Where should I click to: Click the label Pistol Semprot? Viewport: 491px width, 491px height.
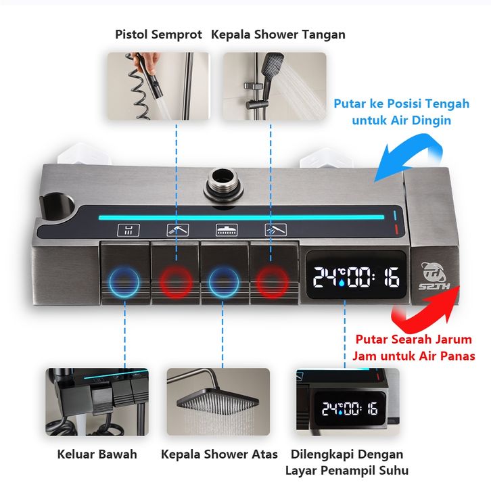pyautogui.click(x=158, y=34)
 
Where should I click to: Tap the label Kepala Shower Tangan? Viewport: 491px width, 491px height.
pyautogui.click(x=278, y=34)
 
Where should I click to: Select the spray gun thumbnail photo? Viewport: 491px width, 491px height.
pyautogui.click(x=158, y=86)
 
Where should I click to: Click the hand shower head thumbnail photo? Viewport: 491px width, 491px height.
pyautogui.click(x=275, y=86)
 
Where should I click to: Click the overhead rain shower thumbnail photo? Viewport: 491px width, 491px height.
pyautogui.click(x=218, y=402)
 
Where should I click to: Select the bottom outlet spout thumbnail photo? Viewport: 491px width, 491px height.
pyautogui.click(x=97, y=402)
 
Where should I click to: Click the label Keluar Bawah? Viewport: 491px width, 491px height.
pyautogui.click(x=97, y=454)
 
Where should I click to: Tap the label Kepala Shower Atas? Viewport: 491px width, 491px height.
pyautogui.click(x=219, y=454)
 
